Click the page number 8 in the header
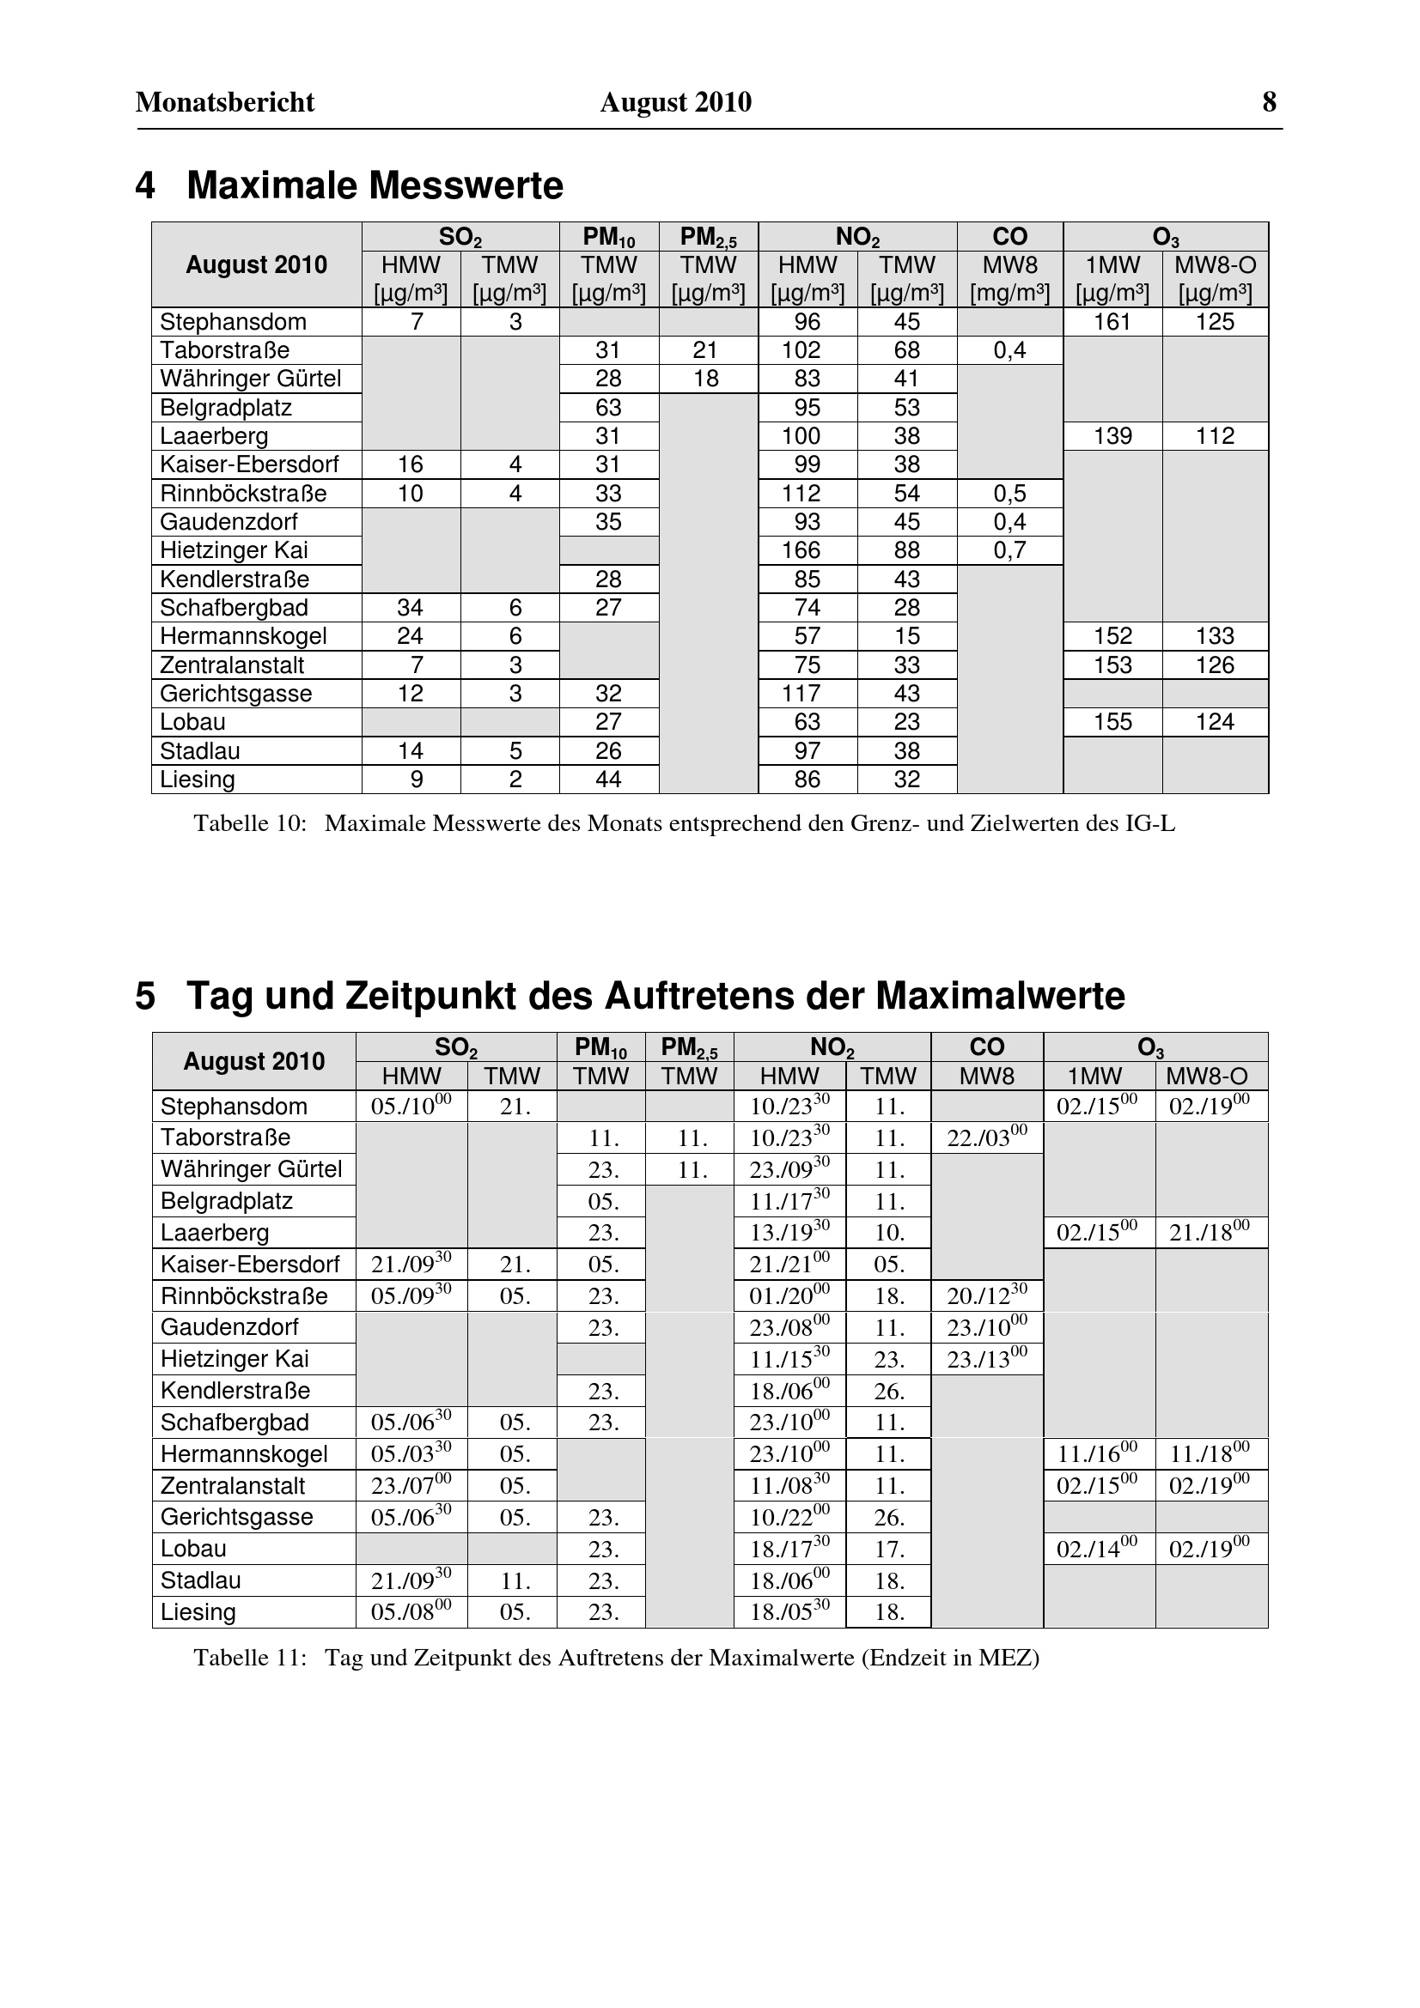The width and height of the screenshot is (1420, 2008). click(1269, 102)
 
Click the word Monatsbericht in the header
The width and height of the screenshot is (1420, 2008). click(225, 102)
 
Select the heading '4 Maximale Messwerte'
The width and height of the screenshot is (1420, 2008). click(349, 185)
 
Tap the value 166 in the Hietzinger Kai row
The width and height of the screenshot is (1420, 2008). click(801, 550)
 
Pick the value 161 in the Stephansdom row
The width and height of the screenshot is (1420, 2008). click(1112, 322)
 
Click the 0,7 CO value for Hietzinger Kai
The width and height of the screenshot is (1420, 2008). click(1009, 550)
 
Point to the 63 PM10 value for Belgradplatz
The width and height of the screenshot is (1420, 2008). click(608, 408)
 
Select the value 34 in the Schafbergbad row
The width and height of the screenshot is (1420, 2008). click(411, 608)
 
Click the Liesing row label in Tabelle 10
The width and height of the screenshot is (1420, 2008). click(198, 780)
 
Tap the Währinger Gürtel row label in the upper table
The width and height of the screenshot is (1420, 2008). click(250, 379)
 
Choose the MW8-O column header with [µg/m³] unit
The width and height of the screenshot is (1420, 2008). click(1215, 277)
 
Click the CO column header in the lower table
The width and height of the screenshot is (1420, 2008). click(987, 1046)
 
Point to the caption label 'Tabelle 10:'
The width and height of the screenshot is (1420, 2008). click(250, 824)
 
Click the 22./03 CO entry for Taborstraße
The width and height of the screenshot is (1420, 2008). click(986, 1137)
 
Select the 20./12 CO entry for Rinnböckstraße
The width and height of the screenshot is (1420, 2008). click(986, 1296)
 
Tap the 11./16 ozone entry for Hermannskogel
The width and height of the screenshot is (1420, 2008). click(1097, 1454)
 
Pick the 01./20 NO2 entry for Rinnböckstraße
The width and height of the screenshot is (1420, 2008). click(789, 1296)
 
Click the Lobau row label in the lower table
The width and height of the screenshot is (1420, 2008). click(193, 1549)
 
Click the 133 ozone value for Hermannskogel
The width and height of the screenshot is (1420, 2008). click(1215, 636)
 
